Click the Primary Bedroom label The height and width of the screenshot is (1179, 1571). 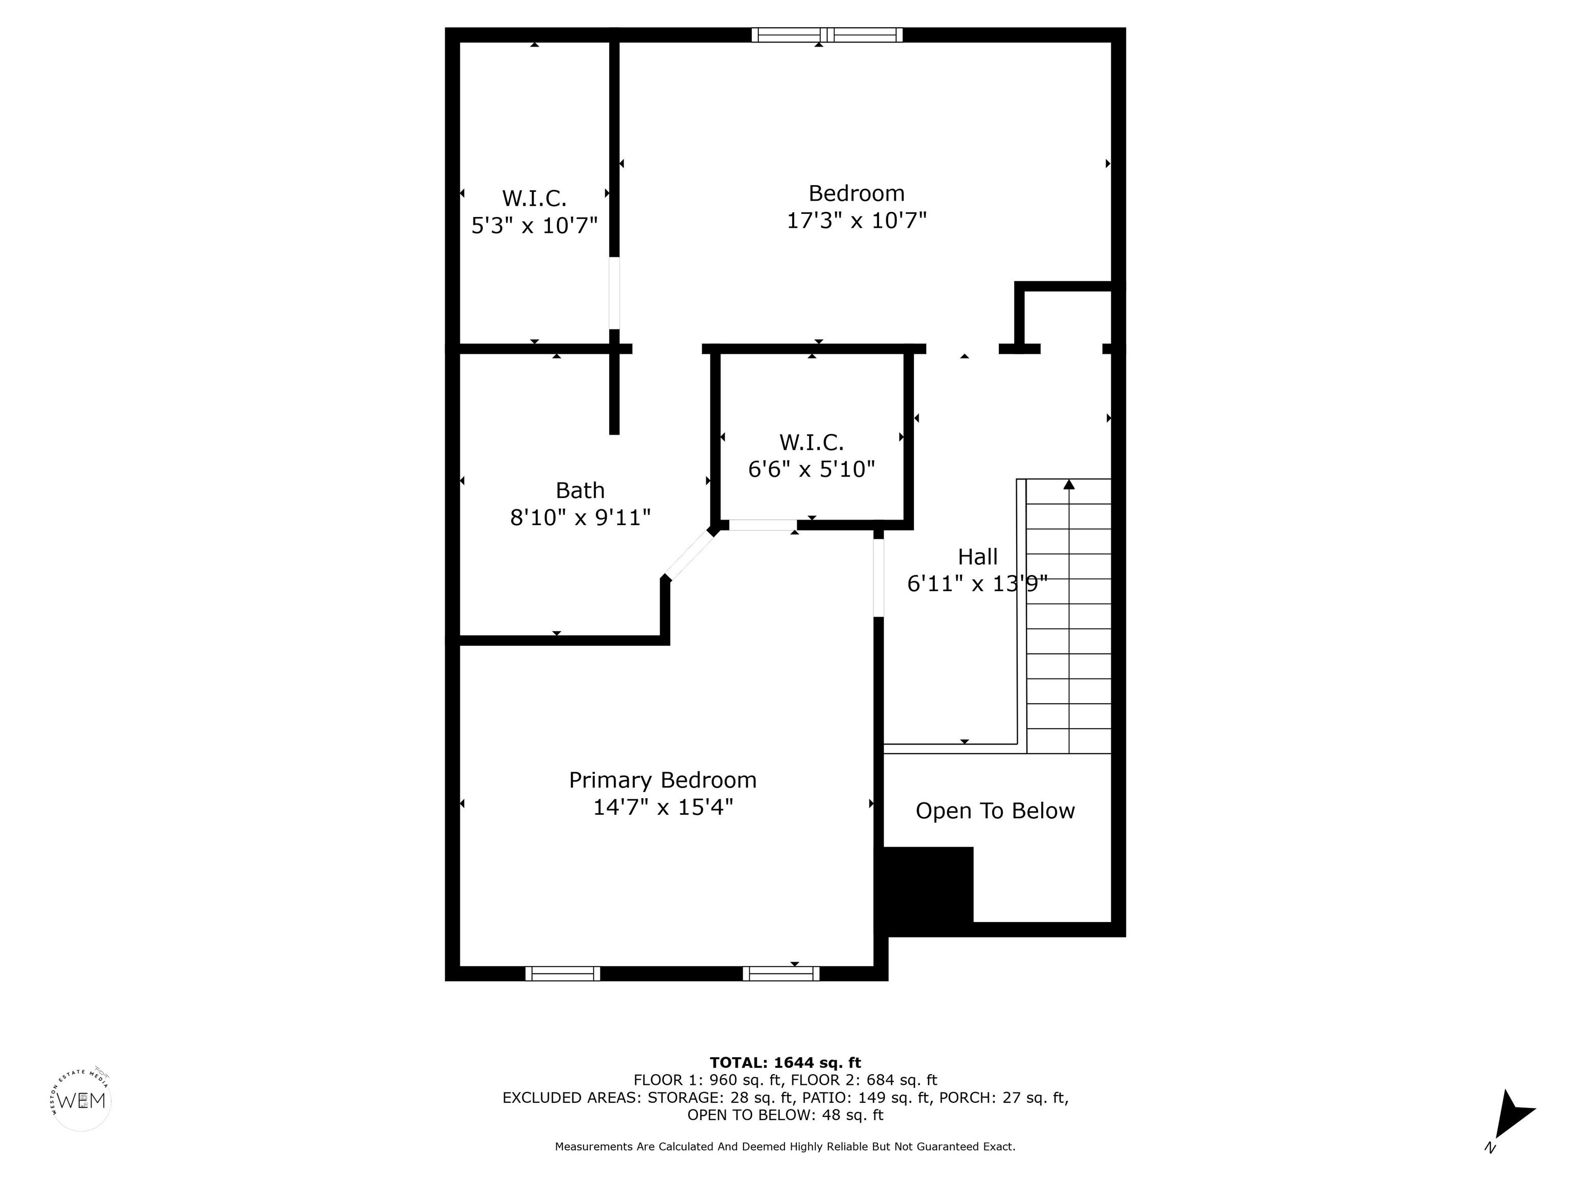(663, 780)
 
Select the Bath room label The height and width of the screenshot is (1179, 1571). (580, 490)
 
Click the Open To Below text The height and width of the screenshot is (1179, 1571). (995, 811)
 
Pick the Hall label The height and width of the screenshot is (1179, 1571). (978, 556)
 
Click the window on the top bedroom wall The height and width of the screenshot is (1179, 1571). (827, 35)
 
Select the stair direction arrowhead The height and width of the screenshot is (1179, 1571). (1069, 485)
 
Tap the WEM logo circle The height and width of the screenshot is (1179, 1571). (82, 1101)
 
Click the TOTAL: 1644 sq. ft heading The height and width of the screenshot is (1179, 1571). (785, 1062)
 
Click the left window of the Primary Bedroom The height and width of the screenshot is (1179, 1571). (563, 974)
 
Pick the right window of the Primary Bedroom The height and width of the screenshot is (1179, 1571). (781, 974)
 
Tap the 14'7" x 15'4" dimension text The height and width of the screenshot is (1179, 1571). (663, 807)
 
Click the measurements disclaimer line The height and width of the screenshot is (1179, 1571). (785, 1146)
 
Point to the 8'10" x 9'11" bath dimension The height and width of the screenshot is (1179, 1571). (580, 517)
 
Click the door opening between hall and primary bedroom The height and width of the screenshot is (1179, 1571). (879, 578)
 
